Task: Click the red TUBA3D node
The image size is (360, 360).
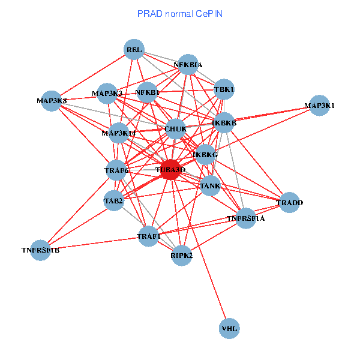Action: tap(171, 170)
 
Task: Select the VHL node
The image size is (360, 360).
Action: tap(229, 328)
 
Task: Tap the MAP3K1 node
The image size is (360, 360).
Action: tap(319, 106)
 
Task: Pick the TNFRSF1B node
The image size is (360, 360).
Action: tap(40, 250)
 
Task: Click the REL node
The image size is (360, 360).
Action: tap(134, 50)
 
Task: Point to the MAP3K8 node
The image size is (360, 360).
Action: tap(52, 100)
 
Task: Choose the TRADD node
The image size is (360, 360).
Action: tap(289, 202)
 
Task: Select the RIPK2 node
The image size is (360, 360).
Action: tap(181, 256)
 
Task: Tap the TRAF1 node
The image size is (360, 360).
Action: tap(149, 236)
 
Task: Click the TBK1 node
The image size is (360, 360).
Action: tap(224, 89)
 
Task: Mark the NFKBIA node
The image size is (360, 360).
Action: tap(188, 64)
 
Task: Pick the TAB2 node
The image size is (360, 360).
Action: tap(113, 200)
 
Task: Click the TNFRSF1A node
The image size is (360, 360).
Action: tap(246, 218)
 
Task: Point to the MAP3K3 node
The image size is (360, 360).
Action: tap(107, 93)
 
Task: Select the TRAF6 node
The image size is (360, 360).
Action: tap(116, 170)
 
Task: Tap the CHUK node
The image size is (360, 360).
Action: tap(175, 128)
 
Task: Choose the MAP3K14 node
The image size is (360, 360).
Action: tap(118, 133)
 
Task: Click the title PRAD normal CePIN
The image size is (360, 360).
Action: tap(180, 13)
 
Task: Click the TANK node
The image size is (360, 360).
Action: tap(210, 185)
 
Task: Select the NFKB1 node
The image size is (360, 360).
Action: tap(147, 92)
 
